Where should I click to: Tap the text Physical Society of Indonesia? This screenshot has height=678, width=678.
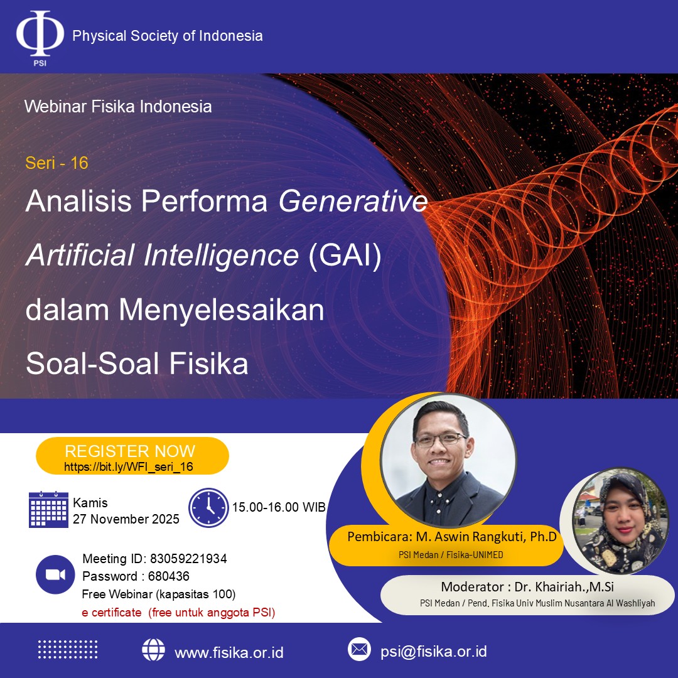[168, 36]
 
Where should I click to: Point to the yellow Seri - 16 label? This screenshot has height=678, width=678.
[56, 163]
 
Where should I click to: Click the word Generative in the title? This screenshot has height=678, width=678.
[353, 201]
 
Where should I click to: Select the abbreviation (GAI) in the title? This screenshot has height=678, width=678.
[345, 255]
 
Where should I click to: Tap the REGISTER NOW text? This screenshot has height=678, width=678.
[130, 451]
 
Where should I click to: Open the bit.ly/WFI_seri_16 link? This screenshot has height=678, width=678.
[129, 466]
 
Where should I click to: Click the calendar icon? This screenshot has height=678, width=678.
[48, 509]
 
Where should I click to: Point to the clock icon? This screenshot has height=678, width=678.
[208, 508]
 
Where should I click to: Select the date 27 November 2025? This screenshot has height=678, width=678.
[126, 519]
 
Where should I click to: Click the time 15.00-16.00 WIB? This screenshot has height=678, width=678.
[279, 507]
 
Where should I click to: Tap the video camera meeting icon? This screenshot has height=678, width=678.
[55, 574]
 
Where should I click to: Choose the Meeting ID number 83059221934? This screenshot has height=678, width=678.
[188, 559]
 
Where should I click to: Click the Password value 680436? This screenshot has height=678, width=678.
[169, 576]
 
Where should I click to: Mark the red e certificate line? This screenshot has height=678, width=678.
[178, 613]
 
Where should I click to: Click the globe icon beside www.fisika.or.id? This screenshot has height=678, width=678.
[154, 650]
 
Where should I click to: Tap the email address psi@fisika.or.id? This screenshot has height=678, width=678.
[434, 651]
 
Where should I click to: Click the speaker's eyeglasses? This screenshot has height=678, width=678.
[441, 440]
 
